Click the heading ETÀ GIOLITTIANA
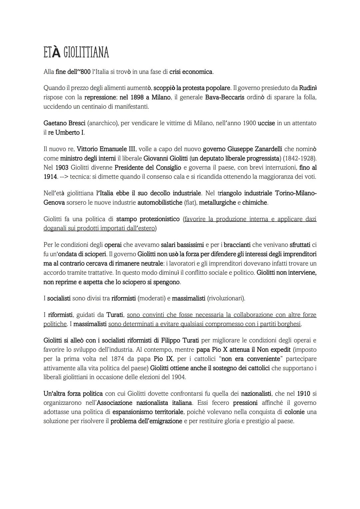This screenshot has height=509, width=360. (x=76, y=52)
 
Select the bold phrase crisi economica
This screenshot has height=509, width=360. (x=191, y=72)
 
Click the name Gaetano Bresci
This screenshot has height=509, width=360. (x=64, y=123)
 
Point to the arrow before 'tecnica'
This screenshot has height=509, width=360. (x=64, y=177)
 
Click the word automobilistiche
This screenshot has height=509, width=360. (x=160, y=202)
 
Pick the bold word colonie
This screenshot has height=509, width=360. (x=294, y=412)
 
